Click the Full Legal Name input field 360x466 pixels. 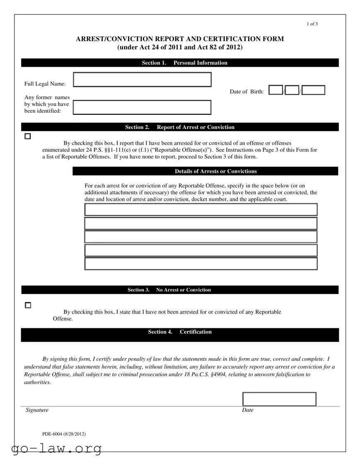pos(142,80)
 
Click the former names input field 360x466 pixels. pos(142,107)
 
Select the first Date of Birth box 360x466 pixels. pos(275,90)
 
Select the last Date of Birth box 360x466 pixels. pos(313,90)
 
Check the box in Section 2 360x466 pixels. pos(28,136)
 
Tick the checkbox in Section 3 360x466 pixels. pos(28,305)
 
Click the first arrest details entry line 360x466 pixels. pos(201,210)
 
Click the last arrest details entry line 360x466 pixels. pos(201,264)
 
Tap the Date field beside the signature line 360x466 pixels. pos(279,399)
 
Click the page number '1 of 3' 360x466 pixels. pos(312,24)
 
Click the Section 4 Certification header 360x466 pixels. pos(180,332)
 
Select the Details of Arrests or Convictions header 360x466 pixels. pos(215,171)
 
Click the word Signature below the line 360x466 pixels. pos(37,410)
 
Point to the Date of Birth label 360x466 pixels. pos(246,92)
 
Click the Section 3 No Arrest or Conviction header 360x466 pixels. pos(169,290)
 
